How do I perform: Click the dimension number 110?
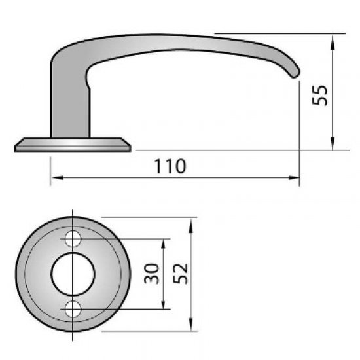coord(172,166)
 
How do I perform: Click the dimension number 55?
coord(319,93)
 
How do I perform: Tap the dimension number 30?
coord(151,273)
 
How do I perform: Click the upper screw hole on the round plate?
coord(74,238)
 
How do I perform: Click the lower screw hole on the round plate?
coord(74,307)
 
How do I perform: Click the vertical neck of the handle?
coord(69,105)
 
